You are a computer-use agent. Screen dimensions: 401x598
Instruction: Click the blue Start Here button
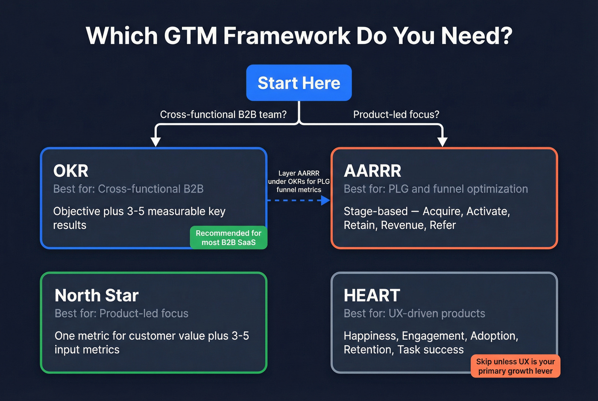point(299,83)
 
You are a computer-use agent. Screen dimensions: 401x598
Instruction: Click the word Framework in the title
point(287,35)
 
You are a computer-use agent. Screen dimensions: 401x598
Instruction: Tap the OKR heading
point(71,171)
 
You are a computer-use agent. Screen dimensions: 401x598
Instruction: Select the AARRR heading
point(372,171)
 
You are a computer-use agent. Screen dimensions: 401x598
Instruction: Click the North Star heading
point(97,296)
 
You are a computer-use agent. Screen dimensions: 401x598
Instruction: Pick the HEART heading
point(372,296)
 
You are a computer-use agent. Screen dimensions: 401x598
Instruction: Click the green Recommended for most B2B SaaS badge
point(229,238)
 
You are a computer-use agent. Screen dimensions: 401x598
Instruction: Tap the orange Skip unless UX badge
point(515,366)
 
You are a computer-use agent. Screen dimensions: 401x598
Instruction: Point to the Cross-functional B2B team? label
point(223,114)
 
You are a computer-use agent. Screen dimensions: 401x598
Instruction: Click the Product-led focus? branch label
point(396,114)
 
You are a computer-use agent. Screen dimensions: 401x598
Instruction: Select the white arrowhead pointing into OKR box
point(156,142)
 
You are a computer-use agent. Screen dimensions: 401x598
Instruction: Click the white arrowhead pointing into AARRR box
point(443,142)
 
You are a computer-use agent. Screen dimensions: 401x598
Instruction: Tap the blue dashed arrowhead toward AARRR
point(325,200)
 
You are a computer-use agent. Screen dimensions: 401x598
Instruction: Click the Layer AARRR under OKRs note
point(299,181)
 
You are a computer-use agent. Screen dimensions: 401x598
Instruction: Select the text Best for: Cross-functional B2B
point(128,189)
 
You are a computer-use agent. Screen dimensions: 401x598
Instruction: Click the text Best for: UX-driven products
point(414,313)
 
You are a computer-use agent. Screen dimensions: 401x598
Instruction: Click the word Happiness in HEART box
point(370,336)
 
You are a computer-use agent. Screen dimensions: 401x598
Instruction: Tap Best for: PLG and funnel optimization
point(436,189)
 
